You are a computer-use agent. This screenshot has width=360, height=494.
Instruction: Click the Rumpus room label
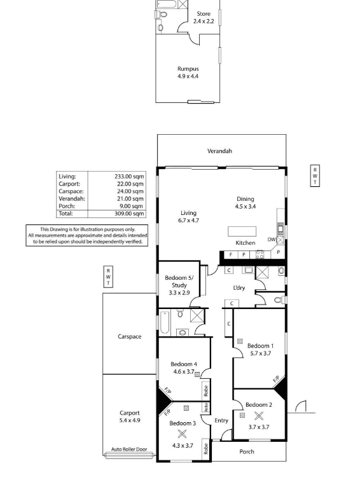coord(188,69)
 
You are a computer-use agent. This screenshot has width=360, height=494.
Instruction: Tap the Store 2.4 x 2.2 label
coord(204,18)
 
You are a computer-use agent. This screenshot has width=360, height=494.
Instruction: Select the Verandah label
coord(219,151)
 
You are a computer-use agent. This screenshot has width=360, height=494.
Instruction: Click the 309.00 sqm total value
coord(129,214)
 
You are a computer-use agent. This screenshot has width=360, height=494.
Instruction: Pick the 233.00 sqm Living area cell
coord(129,177)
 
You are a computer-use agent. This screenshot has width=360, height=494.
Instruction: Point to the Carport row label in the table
coord(69,184)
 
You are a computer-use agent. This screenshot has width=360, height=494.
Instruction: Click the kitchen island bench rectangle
coord(242,231)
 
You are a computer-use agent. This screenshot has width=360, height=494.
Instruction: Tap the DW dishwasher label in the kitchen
coord(272,240)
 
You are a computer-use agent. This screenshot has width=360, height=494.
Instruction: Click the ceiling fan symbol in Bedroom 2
coord(259,416)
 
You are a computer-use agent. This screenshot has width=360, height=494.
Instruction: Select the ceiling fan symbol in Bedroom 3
coord(182,434)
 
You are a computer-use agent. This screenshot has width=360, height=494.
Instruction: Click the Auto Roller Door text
coord(129,449)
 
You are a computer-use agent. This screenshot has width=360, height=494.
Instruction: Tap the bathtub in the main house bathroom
coord(165,322)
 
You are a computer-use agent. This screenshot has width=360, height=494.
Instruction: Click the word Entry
coord(221,421)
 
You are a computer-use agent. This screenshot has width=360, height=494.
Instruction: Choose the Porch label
coord(247,452)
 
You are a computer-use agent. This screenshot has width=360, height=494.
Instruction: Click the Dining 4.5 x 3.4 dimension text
coord(246,207)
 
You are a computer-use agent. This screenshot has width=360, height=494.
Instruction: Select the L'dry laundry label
coord(239,287)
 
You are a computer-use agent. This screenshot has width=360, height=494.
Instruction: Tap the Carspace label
coord(130,336)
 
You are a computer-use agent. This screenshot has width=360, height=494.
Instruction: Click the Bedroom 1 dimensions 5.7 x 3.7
coord(261,353)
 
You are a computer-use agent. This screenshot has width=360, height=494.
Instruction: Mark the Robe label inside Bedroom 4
coord(206,390)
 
